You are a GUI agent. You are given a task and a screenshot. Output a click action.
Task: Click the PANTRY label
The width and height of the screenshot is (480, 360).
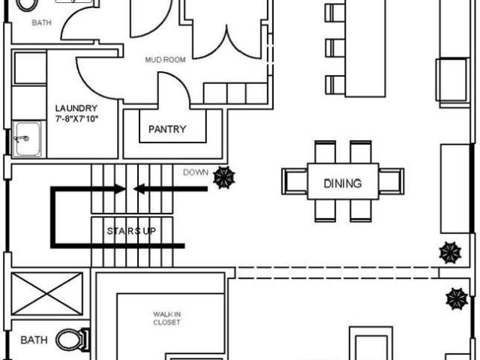coord(167,129)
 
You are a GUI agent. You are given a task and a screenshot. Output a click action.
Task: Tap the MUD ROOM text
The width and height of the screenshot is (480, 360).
coord(165,60)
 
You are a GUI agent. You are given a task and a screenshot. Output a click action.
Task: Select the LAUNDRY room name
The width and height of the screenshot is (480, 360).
coord(76,108)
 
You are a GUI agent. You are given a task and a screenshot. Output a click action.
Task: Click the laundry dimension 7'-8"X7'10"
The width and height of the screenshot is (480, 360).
coord(76,118)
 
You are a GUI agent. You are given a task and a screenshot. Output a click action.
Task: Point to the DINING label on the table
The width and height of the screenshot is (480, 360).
coord(343,183)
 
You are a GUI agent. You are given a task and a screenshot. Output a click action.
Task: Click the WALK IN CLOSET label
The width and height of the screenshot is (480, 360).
coord(166,318)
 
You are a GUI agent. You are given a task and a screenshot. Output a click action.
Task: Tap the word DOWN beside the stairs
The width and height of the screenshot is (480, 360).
coord(196,172)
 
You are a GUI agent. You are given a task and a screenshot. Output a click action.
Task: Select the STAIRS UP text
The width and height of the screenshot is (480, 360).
coord(131,231)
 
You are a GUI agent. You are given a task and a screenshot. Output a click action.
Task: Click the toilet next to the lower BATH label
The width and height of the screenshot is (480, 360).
coord(73,340)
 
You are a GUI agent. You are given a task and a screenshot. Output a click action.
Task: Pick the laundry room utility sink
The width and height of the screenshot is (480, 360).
coord(28,139)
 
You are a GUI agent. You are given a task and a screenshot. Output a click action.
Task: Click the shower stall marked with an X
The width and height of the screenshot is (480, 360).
coord(46,293)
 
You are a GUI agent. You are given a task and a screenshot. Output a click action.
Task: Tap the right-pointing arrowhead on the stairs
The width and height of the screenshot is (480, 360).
coord(120,189)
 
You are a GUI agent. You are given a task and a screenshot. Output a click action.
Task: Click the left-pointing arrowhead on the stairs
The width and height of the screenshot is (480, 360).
coord(139,189)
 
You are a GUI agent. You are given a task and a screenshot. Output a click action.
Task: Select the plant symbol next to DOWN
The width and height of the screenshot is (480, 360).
coord(224,178)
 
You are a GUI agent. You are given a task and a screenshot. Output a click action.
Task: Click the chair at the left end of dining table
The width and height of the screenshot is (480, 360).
coord(295,181)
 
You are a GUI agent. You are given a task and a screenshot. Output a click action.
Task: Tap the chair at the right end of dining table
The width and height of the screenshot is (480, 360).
coord(391,181)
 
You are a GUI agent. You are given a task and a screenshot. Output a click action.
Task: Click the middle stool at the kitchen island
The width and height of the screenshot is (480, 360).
coord(335,48)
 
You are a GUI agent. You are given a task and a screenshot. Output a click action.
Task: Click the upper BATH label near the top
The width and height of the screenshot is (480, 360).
coord(42,22)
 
